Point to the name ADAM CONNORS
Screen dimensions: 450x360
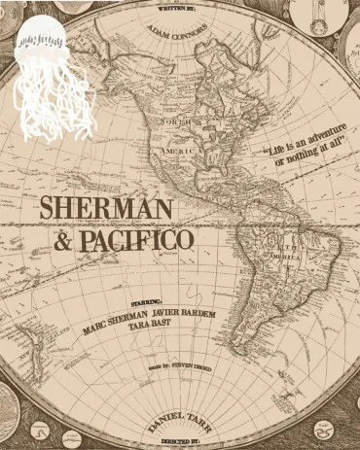177,32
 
